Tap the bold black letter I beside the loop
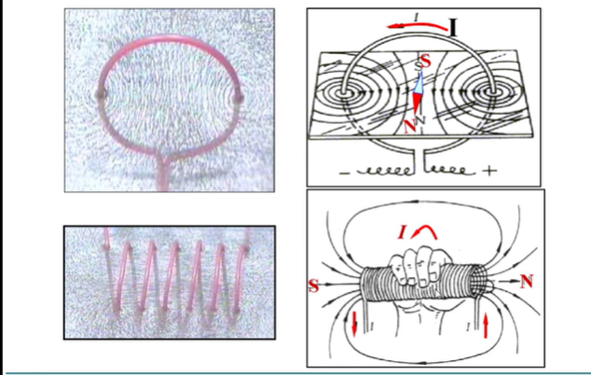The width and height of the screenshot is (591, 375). [x=453, y=28]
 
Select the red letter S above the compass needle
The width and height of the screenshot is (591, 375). [x=425, y=61]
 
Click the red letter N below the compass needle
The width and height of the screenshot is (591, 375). [x=410, y=126]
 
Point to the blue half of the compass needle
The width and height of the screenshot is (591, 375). [x=419, y=82]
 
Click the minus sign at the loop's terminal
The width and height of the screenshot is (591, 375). [x=345, y=174]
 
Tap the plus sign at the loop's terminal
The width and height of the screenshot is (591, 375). [x=489, y=171]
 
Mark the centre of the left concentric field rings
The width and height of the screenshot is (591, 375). [x=345, y=91]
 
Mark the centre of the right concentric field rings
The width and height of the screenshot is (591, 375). [x=492, y=91]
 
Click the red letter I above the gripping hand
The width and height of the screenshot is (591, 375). [x=402, y=232]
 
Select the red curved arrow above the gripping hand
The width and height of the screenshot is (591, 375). [x=424, y=231]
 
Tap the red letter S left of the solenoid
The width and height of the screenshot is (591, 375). [x=313, y=285]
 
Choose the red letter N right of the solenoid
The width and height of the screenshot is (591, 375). [x=527, y=282]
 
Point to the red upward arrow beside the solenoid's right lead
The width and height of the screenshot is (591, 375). [x=486, y=326]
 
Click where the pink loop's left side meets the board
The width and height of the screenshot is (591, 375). [x=101, y=94]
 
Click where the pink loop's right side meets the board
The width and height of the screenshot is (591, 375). [x=239, y=99]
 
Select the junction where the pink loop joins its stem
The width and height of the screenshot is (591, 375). [x=162, y=158]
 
